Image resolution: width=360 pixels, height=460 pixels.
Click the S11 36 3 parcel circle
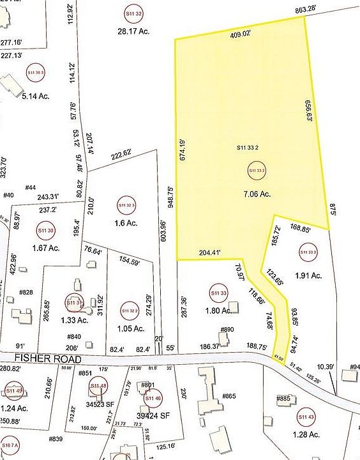pyautogui.click(x=36, y=73)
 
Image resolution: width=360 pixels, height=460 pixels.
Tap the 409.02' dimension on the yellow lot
pyautogui.click(x=241, y=35)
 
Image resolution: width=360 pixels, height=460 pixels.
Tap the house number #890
pyautogui.click(x=227, y=330)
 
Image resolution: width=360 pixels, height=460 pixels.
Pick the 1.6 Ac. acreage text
pyautogui.click(x=127, y=223)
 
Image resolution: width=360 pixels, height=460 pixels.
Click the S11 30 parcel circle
pyautogui.click(x=45, y=230)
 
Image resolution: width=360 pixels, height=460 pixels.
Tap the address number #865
pyautogui.click(x=229, y=397)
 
